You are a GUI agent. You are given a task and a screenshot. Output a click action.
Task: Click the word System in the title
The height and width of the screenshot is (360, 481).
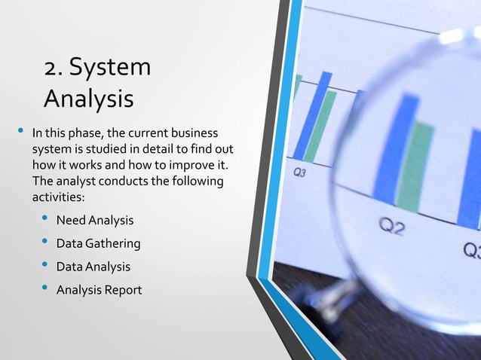tap(114, 67)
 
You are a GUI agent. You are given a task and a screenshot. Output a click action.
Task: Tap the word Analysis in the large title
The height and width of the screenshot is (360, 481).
tap(88, 99)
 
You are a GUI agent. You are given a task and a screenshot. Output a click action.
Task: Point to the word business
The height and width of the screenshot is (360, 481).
tap(198, 135)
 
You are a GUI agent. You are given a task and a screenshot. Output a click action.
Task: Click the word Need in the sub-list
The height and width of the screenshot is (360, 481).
tap(73, 221)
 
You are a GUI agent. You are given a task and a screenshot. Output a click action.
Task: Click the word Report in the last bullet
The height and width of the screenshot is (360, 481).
tap(124, 290)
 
